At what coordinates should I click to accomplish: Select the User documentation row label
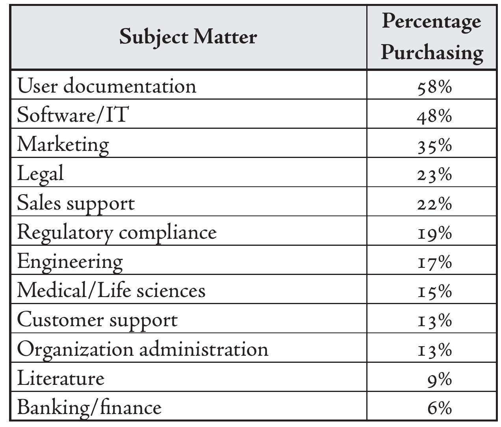[106, 85]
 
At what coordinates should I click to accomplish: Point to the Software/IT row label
[73, 115]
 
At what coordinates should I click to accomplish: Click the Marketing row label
[63, 144]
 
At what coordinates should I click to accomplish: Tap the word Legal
[40, 173]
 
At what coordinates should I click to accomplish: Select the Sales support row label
[76, 203]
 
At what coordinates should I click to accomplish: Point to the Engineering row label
[70, 261]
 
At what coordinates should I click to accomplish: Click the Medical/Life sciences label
[111, 290]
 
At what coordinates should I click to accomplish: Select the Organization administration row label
[143, 349]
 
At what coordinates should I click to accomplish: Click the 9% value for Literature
[439, 379]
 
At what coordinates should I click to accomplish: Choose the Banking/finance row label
[89, 407]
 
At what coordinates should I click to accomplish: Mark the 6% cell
[439, 408]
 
